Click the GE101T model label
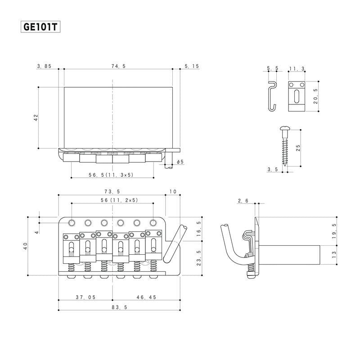[x=41, y=27]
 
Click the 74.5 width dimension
[x=118, y=66]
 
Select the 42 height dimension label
[x=36, y=117]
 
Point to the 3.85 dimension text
[x=45, y=66]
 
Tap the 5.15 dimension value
[x=192, y=66]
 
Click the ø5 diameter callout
[x=180, y=162]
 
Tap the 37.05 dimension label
[x=85, y=297]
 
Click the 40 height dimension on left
[x=25, y=246]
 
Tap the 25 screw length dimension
[x=298, y=147]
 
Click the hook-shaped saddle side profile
[x=271, y=95]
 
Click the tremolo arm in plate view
[x=175, y=243]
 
